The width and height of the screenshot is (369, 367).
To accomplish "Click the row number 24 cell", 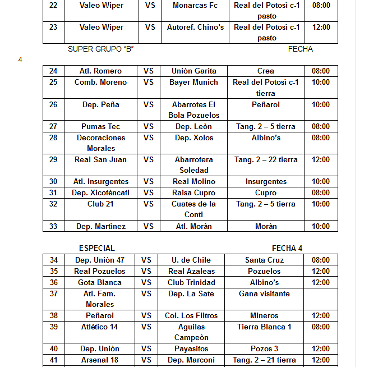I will [x=53, y=71].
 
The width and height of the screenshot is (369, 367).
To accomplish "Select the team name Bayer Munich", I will [x=193, y=82].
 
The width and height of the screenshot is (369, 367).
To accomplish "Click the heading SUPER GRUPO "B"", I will [x=100, y=49].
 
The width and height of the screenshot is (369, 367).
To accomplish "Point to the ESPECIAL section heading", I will [x=96, y=249].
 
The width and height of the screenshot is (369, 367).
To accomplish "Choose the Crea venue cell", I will [x=266, y=71].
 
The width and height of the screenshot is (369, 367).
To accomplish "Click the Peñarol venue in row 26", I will [x=266, y=105].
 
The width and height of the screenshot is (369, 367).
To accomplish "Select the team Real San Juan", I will [x=100, y=160].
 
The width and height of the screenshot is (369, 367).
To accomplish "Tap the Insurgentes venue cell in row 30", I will [x=266, y=182].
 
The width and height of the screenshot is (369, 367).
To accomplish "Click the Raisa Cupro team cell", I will [x=193, y=193].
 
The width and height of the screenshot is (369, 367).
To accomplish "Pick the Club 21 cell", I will [x=100, y=204].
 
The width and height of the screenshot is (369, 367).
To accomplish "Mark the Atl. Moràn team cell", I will [x=193, y=227].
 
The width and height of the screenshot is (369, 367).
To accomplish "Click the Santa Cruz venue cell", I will [x=264, y=260].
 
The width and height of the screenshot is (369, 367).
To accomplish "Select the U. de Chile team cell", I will [x=191, y=260].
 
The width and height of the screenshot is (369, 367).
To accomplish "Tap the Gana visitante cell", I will [x=264, y=294].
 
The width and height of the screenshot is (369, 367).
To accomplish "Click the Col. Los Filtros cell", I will [x=191, y=316].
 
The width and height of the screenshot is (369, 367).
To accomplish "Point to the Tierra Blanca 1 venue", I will [x=264, y=327].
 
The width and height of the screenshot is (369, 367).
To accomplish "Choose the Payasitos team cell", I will [x=191, y=349].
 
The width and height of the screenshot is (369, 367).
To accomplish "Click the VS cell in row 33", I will [x=148, y=227].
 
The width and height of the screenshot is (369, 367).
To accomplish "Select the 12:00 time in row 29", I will [x=321, y=160].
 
